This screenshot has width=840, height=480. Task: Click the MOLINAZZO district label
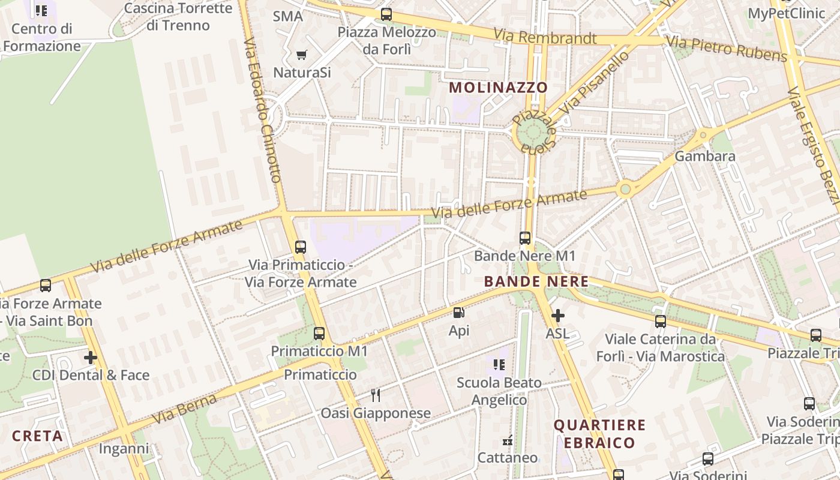click(498, 88)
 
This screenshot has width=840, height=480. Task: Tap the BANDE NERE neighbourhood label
click(536, 281)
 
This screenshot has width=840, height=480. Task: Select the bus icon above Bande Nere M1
click(525, 238)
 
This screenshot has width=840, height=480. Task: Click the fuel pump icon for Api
click(459, 313)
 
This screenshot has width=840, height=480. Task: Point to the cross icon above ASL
click(558, 315)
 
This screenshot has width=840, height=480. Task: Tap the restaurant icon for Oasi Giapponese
click(376, 395)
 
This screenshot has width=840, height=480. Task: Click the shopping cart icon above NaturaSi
click(302, 55)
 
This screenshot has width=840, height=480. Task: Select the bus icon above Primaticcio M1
click(319, 334)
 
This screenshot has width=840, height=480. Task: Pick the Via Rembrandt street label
click(545, 37)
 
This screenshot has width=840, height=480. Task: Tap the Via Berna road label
click(184, 408)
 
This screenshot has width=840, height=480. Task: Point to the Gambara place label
click(705, 157)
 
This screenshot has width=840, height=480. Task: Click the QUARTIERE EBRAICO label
click(599, 434)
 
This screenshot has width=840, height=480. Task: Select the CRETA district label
click(37, 436)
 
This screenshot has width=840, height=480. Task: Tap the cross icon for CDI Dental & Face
click(91, 358)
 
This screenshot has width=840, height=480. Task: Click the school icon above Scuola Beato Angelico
click(499, 365)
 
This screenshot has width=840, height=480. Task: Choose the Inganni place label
click(124, 449)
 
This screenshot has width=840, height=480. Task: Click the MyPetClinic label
click(786, 13)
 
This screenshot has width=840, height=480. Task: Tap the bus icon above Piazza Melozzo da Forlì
click(386, 14)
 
